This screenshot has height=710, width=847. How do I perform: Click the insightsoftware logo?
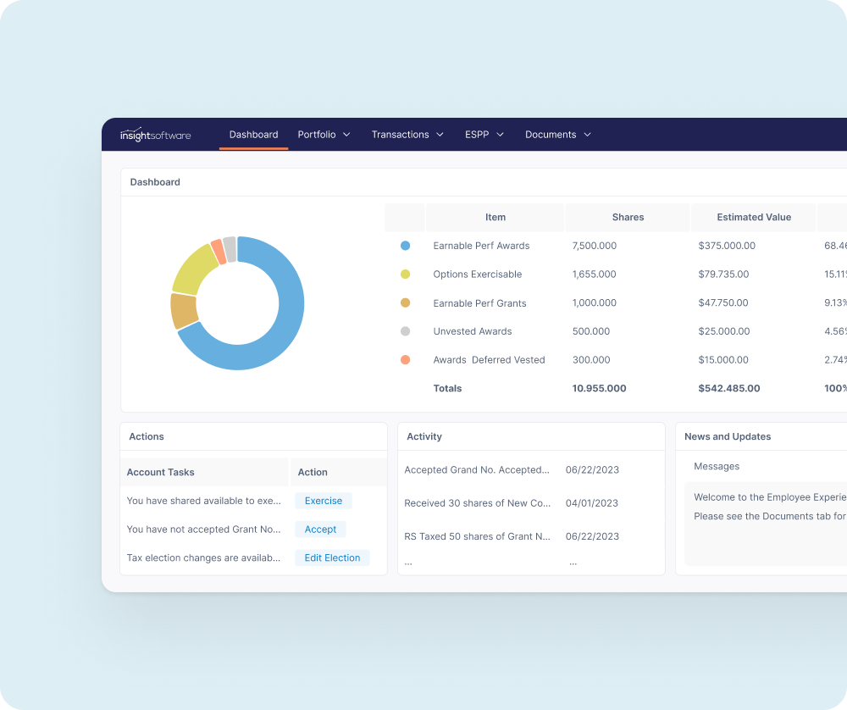155,135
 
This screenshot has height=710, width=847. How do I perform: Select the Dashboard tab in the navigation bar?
253,135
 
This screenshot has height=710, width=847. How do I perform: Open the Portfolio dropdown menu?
324,135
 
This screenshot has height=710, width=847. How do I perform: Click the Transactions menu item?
407,135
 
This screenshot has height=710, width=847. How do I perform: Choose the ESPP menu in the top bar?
484,135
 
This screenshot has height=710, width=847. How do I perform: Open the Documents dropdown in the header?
557,135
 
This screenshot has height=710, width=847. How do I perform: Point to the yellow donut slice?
194,269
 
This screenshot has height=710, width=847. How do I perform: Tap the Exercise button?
324,501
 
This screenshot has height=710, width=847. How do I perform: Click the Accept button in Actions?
320,530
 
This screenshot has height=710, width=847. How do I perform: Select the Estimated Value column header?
754,218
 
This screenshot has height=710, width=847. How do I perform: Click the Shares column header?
628,218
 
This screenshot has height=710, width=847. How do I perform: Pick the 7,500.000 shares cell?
595,246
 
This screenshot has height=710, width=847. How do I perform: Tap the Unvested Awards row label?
473,331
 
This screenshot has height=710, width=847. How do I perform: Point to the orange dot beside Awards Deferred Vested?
405,360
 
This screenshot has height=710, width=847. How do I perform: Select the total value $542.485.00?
729,389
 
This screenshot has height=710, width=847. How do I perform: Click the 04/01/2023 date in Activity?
592,503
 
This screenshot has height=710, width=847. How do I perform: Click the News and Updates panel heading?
728,437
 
